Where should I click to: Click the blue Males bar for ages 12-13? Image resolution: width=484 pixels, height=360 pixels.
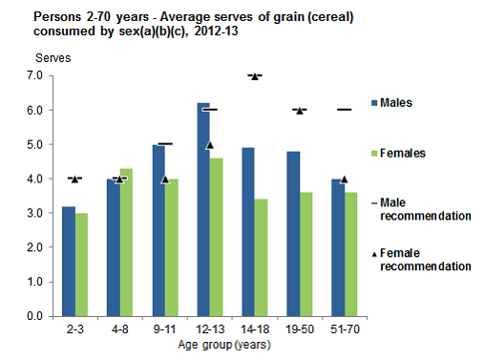click(203, 209)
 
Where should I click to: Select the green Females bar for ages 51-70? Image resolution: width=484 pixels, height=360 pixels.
click(350, 254)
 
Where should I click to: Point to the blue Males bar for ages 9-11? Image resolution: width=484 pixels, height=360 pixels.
click(158, 229)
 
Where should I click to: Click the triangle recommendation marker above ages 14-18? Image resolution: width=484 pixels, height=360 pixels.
click(254, 75)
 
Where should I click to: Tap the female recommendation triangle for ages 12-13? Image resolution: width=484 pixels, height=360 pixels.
click(209, 145)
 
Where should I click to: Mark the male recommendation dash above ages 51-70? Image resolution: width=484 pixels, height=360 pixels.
click(344, 110)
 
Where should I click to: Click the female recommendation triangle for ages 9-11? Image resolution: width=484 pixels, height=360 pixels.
click(164, 179)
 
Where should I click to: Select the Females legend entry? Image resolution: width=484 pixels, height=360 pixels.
click(399, 153)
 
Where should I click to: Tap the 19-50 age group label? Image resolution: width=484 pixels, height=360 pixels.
click(299, 328)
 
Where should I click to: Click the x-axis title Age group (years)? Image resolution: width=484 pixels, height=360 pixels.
click(210, 344)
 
